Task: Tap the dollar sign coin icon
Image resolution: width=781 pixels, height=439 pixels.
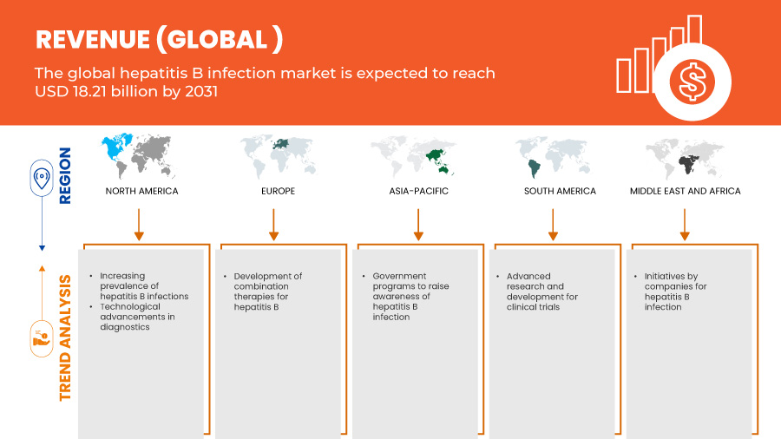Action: click(692, 83)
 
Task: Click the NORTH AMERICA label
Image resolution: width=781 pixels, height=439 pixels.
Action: click(141, 191)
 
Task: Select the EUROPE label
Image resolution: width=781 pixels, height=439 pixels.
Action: click(278, 191)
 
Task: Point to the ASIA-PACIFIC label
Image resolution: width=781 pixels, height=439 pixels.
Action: click(420, 191)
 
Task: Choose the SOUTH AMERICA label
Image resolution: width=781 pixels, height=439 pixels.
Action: click(560, 191)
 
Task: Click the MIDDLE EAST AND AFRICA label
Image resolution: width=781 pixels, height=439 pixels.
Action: click(685, 191)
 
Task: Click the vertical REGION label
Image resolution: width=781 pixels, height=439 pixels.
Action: click(66, 175)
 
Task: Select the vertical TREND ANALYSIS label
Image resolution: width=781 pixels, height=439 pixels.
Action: click(66, 338)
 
